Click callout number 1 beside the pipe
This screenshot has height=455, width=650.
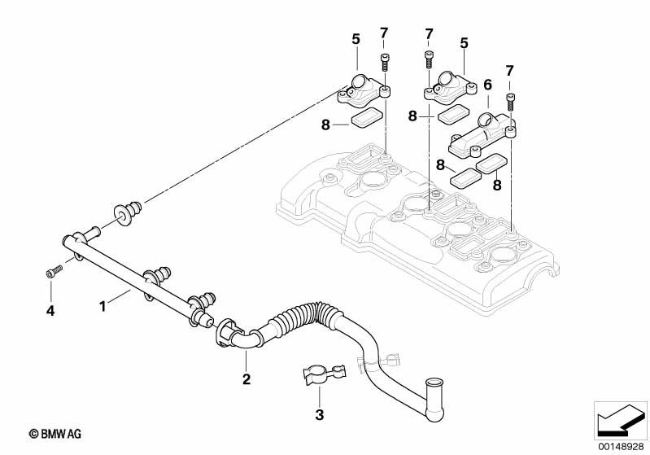[x=103, y=307]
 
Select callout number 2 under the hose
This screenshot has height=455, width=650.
[x=246, y=378]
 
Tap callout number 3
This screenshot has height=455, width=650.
[x=319, y=414]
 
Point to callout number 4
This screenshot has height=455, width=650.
[x=50, y=310]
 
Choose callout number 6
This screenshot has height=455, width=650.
[x=487, y=85]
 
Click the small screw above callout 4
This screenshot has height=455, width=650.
[x=54, y=271]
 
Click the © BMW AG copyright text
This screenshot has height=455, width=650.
[x=55, y=434]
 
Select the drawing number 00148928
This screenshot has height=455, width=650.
[x=621, y=446]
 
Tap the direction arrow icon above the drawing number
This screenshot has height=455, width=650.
[x=621, y=421]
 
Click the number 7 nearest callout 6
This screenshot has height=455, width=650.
[x=509, y=71]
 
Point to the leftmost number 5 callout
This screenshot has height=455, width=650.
[x=356, y=39]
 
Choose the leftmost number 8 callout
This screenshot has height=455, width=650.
[x=326, y=125]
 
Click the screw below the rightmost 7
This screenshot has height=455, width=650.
[x=510, y=102]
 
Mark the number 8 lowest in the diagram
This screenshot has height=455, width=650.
[x=497, y=184]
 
